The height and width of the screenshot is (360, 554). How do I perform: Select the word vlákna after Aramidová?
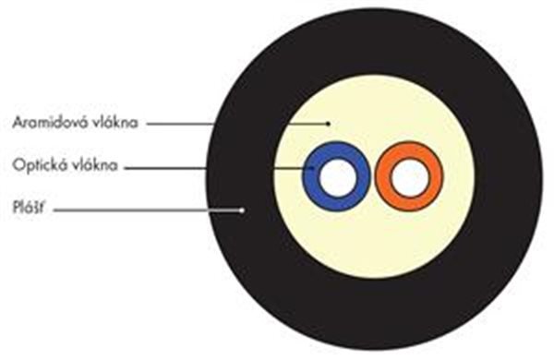(x=114, y=122)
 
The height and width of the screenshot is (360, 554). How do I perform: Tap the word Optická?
(x=40, y=165)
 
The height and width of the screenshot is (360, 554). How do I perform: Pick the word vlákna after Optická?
(x=95, y=165)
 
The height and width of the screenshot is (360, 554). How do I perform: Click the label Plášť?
(x=29, y=208)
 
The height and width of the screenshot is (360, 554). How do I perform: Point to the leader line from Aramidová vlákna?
(x=237, y=124)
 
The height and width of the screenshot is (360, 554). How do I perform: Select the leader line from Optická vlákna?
(x=218, y=168)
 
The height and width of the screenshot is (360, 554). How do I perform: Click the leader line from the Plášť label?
(x=148, y=210)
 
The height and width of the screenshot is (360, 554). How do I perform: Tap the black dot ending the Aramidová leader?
(x=328, y=124)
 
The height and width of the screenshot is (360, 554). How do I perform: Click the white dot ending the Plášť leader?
(x=242, y=210)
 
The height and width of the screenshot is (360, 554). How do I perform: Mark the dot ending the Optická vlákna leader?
(x=312, y=168)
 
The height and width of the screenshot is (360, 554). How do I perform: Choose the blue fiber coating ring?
(x=309, y=176)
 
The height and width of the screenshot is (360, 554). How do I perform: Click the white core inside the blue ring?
(x=337, y=177)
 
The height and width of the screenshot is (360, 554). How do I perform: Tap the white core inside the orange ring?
(x=410, y=177)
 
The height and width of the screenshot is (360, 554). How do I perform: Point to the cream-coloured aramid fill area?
(x=375, y=240)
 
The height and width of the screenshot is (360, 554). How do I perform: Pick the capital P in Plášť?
(x=16, y=208)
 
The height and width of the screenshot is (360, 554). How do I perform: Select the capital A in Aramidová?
(x=18, y=122)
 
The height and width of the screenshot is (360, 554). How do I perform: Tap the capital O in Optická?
(x=18, y=165)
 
